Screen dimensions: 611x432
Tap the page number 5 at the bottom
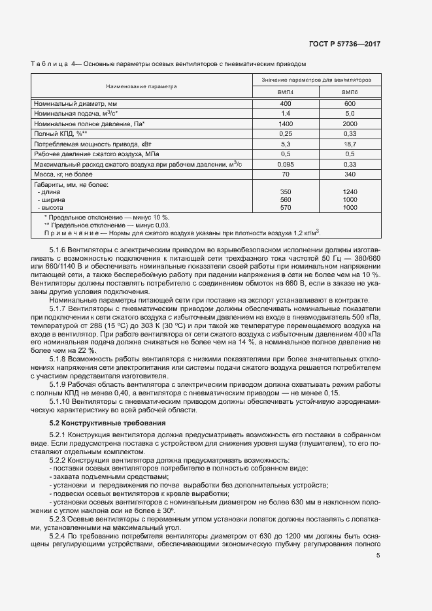(x=378, y=555)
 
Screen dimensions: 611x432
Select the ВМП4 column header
(x=286, y=93)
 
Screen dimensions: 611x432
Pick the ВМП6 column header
(x=350, y=93)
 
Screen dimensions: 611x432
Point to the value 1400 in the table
(x=286, y=124)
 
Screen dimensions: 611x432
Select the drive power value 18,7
(x=350, y=143)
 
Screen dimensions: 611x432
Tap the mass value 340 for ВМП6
(x=350, y=174)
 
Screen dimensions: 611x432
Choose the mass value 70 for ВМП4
(x=286, y=174)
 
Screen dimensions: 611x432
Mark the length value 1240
(x=350, y=192)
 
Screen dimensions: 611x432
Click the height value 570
(x=286, y=207)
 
